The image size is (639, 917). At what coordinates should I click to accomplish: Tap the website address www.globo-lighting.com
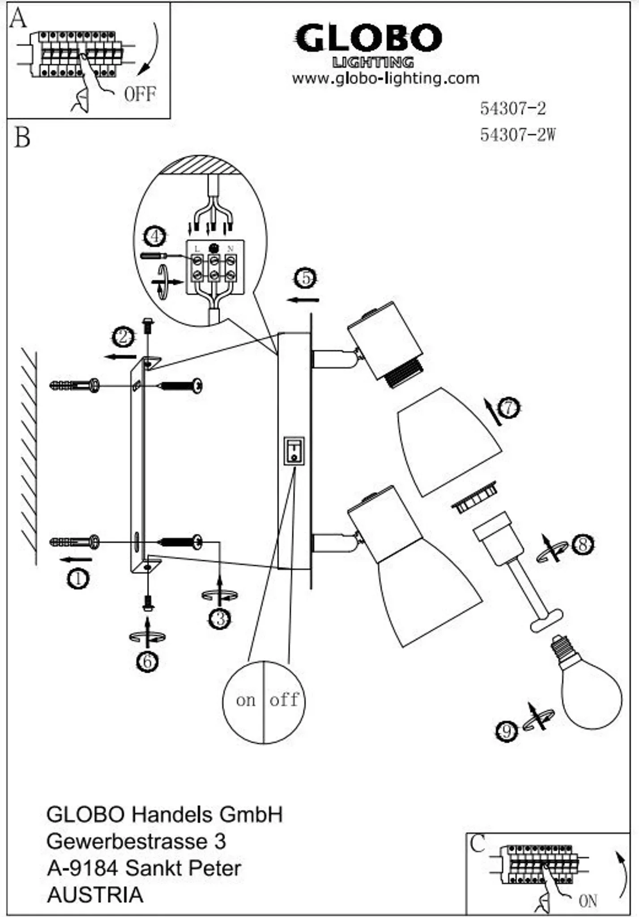click(385, 79)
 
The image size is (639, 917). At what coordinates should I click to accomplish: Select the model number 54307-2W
click(517, 134)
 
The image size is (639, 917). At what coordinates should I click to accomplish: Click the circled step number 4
click(155, 236)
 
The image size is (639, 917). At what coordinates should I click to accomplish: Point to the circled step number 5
click(306, 278)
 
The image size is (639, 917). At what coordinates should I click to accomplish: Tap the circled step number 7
click(508, 408)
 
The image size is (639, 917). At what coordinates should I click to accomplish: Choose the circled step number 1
click(78, 579)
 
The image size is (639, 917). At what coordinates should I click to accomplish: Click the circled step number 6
click(148, 661)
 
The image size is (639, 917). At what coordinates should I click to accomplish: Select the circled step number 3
click(220, 619)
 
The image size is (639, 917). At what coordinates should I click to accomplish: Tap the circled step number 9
click(507, 731)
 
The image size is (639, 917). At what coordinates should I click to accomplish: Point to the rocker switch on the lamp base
click(294, 451)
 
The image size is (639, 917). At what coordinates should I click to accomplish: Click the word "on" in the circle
click(246, 700)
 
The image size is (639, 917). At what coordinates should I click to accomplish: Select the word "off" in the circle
click(284, 699)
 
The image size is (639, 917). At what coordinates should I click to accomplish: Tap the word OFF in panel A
click(140, 94)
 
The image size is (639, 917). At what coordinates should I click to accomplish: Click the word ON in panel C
click(588, 901)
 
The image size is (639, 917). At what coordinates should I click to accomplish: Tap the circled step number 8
click(584, 544)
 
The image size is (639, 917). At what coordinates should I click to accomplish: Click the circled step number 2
click(123, 337)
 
